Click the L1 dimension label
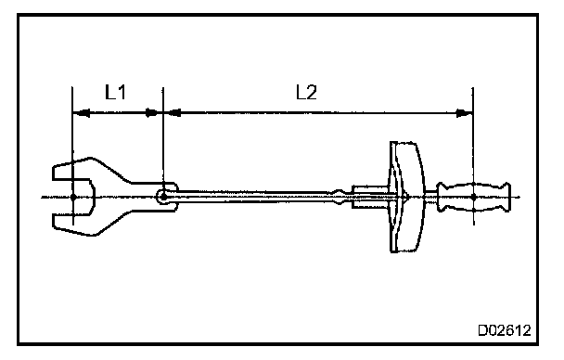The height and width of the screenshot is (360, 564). tap(115, 92)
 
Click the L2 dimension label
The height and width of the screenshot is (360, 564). tap(306, 92)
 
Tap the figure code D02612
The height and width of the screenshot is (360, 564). tap(505, 330)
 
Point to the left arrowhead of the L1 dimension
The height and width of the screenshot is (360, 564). tap(81, 113)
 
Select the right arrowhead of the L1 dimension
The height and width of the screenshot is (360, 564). tap(152, 113)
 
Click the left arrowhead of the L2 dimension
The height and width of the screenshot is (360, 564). tap(173, 113)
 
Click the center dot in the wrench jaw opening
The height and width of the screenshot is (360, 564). tap(73, 197)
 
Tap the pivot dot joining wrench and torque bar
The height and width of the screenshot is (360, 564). tap(163, 197)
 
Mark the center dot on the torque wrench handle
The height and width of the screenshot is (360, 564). tap(474, 197)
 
